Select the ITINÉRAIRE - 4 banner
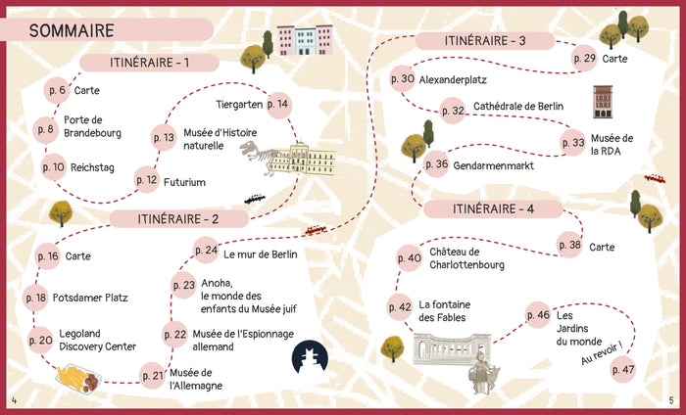pyautogui.click(x=493, y=208)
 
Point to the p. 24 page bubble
pyautogui.click(x=206, y=251)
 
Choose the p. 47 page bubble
pyautogui.click(x=623, y=369)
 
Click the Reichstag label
pyautogui.click(x=91, y=167)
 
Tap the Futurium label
pyautogui.click(x=184, y=180)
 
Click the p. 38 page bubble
pyautogui.click(x=569, y=247)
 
